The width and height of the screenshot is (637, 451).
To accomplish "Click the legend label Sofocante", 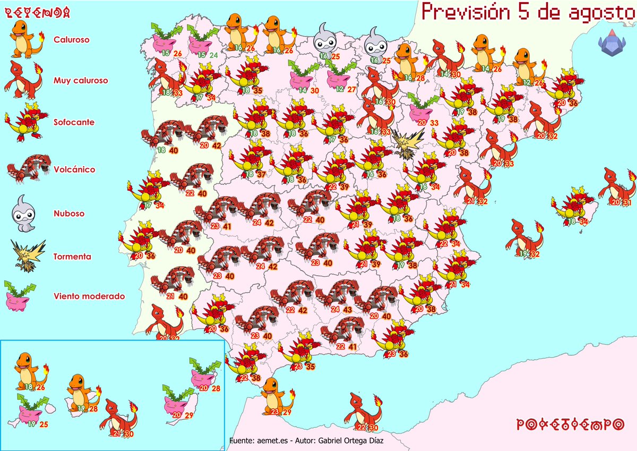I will [74, 122].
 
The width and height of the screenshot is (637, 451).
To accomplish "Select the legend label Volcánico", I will [74, 170].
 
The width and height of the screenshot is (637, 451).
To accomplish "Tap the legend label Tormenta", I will [72, 257].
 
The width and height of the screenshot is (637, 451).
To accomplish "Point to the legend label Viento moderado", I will [89, 296].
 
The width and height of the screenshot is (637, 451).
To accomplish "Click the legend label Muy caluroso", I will [81, 81].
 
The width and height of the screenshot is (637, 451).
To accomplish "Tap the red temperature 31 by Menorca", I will [627, 202].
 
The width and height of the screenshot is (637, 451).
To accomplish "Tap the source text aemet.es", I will [266, 441].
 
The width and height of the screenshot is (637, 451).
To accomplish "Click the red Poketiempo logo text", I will [570, 424].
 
